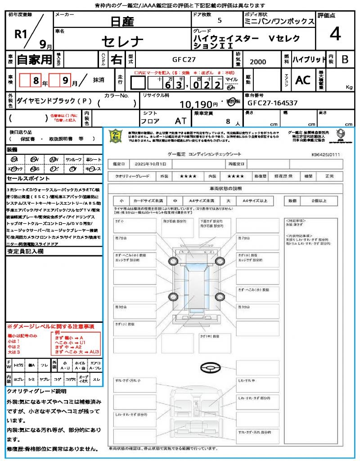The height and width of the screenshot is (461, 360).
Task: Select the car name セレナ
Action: point(122,41)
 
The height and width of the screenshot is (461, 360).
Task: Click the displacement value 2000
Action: point(258,62)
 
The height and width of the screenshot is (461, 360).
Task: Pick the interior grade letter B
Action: point(344,59)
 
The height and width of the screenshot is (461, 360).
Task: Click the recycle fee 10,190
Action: point(196,104)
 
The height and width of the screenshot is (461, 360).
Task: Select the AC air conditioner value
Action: point(303,80)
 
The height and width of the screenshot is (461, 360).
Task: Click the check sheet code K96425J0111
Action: point(325,154)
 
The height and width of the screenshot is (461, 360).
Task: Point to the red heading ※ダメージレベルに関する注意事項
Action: point(50,326)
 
